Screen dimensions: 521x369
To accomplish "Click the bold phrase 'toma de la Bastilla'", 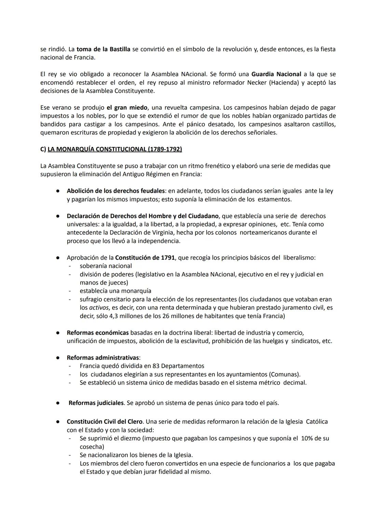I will click(x=103, y=49).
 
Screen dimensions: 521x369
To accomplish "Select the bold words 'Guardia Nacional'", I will click(x=276, y=74).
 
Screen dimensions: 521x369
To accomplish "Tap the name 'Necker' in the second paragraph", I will click(x=257, y=83).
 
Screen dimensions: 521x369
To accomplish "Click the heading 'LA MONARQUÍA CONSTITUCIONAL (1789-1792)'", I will click(x=114, y=149).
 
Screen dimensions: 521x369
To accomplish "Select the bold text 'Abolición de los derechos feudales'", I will click(x=116, y=191).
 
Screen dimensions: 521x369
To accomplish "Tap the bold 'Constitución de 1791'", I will click(x=145, y=258).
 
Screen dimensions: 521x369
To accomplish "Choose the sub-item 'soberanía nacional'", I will click(x=106, y=266).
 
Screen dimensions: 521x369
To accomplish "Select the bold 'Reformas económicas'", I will click(x=98, y=333).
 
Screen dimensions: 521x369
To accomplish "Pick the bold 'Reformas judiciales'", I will click(x=96, y=403).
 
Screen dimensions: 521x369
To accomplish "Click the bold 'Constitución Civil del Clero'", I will click(x=105, y=422).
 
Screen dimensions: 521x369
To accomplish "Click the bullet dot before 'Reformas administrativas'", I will click(x=58, y=358).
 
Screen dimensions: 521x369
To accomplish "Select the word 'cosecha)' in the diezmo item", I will click(x=92, y=447).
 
